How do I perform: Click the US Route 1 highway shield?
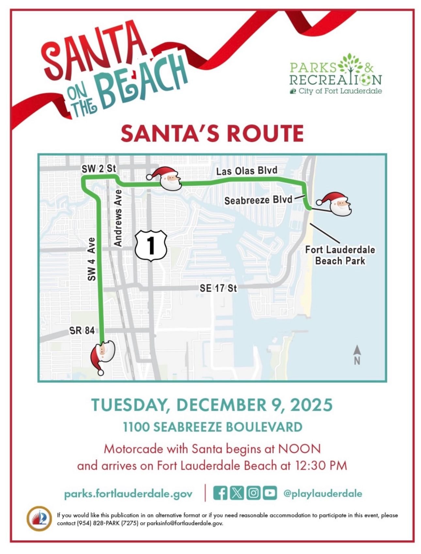tap(151, 245)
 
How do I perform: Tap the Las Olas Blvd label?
tap(247, 171)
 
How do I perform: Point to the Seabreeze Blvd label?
tap(258, 200)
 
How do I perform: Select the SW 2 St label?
tap(99, 168)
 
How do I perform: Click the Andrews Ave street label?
tap(118, 218)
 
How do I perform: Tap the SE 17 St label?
tap(218, 288)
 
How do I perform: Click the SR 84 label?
tap(82, 331)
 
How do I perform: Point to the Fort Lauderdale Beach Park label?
tap(340, 255)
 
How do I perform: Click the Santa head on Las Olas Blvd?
tap(167, 178)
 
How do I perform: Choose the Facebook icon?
tap(220, 493)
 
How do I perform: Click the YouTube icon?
tap(270, 493)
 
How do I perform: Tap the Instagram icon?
tap(253, 493)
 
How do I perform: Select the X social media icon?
tap(237, 493)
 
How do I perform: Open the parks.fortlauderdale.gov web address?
tap(128, 494)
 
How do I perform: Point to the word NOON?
tap(299, 449)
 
